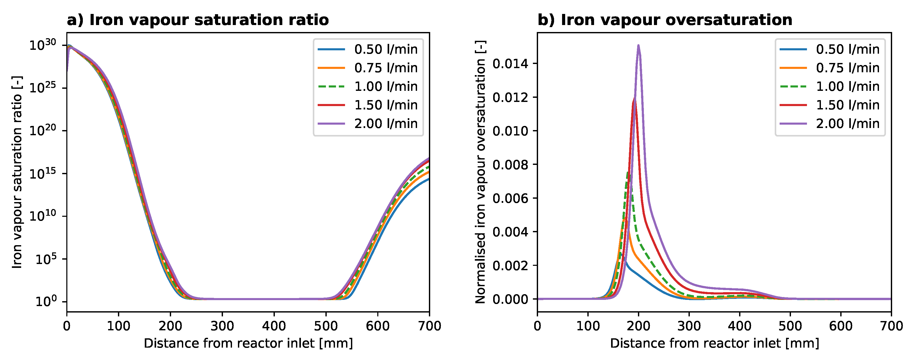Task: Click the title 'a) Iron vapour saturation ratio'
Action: coord(198,20)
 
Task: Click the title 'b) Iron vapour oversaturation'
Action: coord(665,20)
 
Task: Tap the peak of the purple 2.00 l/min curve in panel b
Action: coord(638,45)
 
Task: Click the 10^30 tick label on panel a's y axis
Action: coord(43,45)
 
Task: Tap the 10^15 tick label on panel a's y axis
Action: coord(43,173)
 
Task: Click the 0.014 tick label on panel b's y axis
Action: coord(510,64)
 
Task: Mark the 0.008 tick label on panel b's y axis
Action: coord(510,165)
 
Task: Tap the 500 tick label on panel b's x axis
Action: coord(790,326)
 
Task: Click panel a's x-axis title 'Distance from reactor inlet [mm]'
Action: coord(248,343)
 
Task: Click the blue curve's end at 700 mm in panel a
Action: coord(429,179)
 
